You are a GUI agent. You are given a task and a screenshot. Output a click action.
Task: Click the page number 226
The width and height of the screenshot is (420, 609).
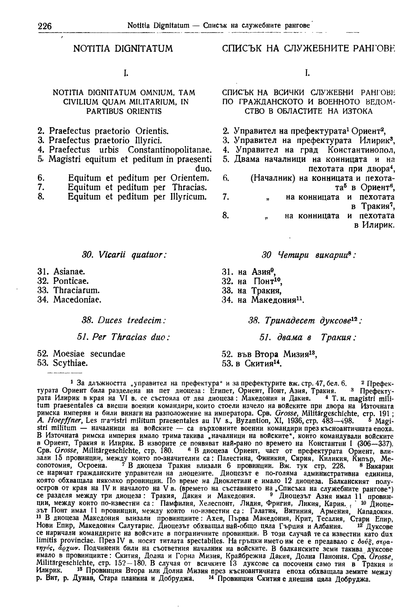[44, 26]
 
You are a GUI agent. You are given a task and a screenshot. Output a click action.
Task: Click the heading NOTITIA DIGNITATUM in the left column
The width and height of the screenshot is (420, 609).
[123, 48]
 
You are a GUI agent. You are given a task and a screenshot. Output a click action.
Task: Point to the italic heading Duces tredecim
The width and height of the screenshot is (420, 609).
[124, 320]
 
